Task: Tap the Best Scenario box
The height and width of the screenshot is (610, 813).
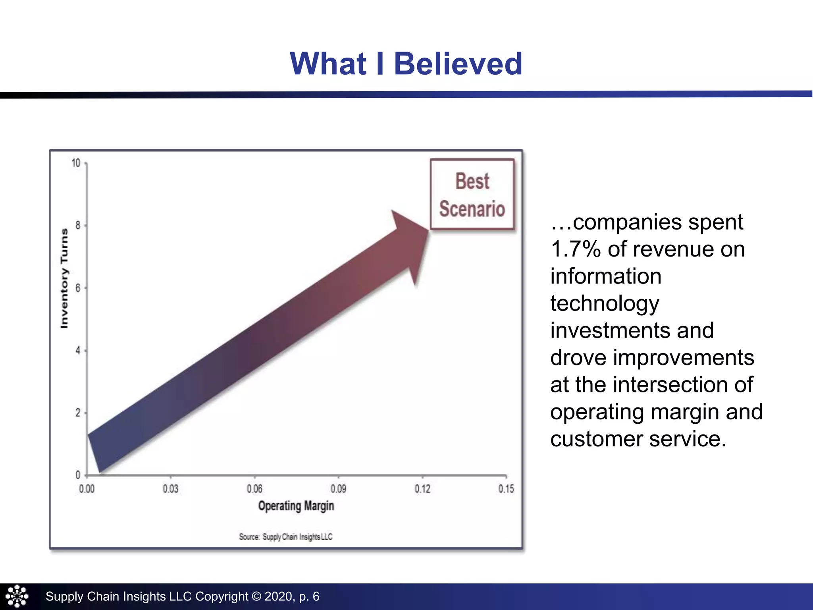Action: pos(472,195)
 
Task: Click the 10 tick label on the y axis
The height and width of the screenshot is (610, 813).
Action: pos(76,163)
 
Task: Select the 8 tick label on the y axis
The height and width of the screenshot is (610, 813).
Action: pos(78,226)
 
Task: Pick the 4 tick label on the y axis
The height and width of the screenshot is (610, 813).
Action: pos(78,351)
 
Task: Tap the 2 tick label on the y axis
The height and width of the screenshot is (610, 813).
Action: pos(78,413)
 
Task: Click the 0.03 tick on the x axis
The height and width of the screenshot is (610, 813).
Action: pos(171,488)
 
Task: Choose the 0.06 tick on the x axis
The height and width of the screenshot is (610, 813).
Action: pos(254,488)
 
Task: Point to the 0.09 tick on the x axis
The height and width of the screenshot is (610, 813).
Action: pos(338,488)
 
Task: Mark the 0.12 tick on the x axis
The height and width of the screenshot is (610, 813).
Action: pos(422,488)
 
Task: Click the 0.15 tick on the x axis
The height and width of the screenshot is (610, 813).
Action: pos(506,488)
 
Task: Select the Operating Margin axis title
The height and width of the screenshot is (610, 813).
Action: pos(296,506)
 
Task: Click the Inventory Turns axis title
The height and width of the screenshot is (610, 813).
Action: pos(64,279)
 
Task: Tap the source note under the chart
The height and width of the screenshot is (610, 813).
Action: pos(285,537)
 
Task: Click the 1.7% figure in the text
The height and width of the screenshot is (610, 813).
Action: pos(576,249)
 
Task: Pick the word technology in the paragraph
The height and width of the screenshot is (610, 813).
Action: pos(605,304)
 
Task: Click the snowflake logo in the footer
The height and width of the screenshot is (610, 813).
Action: pos(17,596)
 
